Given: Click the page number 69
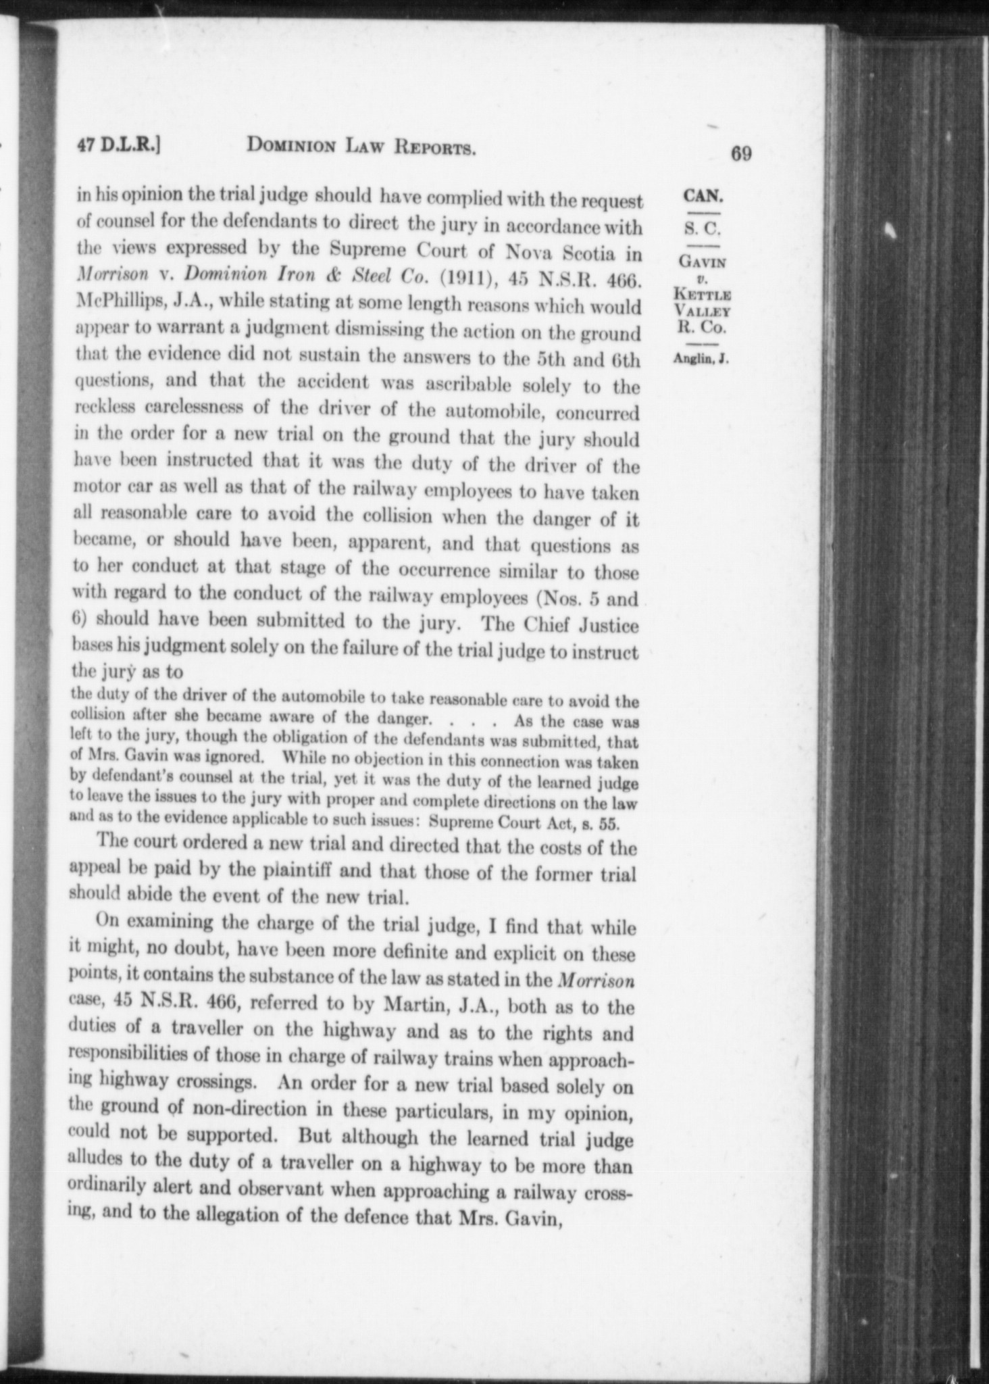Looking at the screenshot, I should (740, 154).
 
